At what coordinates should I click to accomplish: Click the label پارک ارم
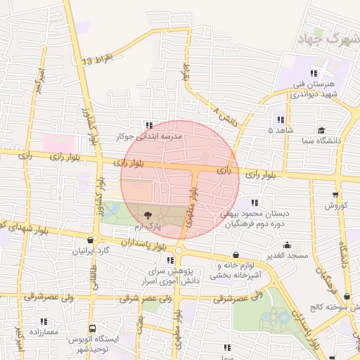click(148, 228)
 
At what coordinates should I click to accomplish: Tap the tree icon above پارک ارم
click(148, 215)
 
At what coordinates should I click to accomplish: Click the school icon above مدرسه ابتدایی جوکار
click(148, 124)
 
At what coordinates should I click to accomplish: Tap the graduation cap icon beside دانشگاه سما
click(321, 130)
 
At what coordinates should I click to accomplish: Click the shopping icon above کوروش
click(335, 195)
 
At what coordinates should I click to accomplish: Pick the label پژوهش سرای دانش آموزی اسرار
click(172, 275)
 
